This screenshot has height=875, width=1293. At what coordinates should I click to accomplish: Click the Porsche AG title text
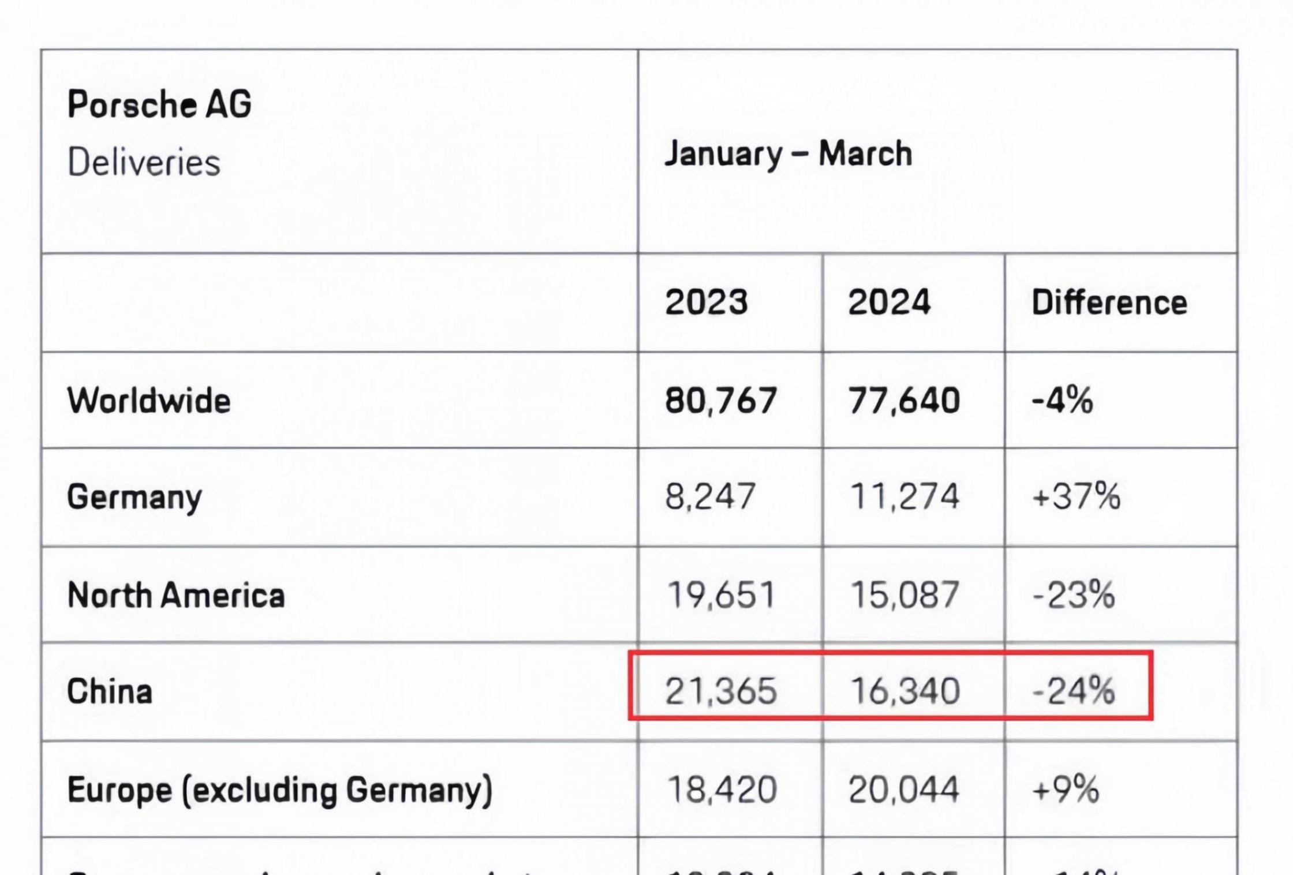tap(159, 105)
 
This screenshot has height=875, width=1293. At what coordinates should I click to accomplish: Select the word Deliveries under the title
tap(144, 162)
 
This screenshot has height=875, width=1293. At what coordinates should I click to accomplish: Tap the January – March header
tap(788, 154)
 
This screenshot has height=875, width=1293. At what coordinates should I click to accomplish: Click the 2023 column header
tap(706, 302)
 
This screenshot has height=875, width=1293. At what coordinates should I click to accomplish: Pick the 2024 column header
tap(889, 302)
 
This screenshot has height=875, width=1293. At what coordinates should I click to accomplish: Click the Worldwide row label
tap(149, 401)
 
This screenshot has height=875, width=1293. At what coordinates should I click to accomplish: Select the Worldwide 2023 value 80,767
tap(721, 401)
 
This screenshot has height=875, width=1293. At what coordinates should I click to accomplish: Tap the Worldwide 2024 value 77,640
tap(904, 401)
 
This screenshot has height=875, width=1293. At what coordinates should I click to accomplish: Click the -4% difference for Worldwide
tap(1062, 401)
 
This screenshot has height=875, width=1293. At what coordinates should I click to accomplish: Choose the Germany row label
tap(134, 498)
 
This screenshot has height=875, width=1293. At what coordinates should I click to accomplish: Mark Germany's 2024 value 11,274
tap(905, 496)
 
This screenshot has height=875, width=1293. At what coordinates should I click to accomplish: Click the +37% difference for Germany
tap(1076, 496)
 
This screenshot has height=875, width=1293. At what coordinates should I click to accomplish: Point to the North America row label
tap(176, 595)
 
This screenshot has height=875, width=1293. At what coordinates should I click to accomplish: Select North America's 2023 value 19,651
tap(721, 595)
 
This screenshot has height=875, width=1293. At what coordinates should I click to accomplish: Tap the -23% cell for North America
tap(1073, 595)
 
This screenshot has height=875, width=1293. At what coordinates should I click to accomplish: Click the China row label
tap(110, 691)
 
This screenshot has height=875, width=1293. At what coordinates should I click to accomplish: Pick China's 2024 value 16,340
tap(905, 691)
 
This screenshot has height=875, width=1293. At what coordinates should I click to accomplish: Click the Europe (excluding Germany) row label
tap(280, 790)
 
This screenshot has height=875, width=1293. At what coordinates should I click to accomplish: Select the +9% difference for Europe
tap(1065, 790)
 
